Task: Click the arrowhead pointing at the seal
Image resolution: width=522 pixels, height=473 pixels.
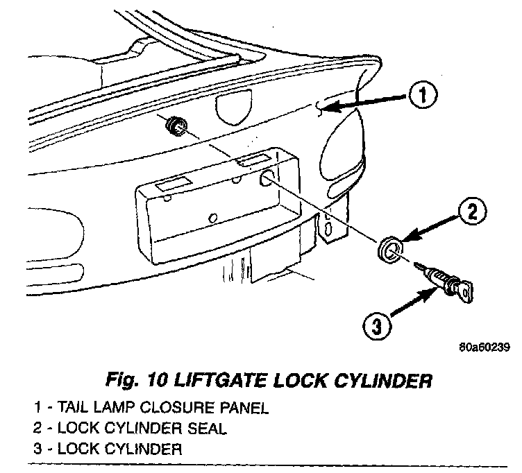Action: [405, 238]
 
